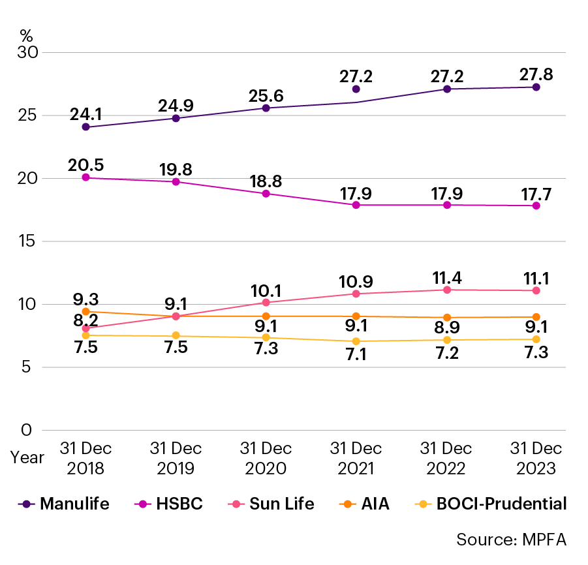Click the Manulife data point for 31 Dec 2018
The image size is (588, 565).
(x=85, y=127)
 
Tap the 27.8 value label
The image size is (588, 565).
(x=536, y=74)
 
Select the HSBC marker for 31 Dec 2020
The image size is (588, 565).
(x=266, y=194)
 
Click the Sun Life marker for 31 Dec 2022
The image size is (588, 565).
(x=446, y=290)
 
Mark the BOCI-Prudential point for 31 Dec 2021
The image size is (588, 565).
(x=356, y=341)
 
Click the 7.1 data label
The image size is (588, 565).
(x=356, y=359)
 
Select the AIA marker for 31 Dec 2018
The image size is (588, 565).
(x=85, y=312)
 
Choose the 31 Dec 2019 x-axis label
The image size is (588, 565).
(x=176, y=459)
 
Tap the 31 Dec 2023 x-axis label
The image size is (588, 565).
(x=536, y=459)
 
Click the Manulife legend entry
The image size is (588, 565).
(x=65, y=504)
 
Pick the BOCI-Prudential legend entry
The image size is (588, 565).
(x=492, y=504)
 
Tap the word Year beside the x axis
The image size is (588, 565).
(x=27, y=457)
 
